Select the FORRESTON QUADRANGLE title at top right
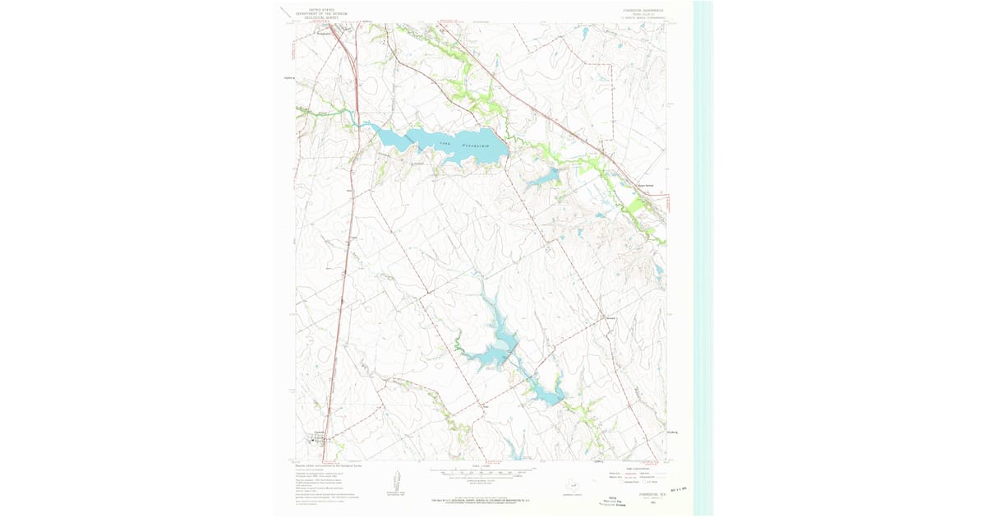coord(638,11)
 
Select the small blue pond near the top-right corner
coord(584,35)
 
